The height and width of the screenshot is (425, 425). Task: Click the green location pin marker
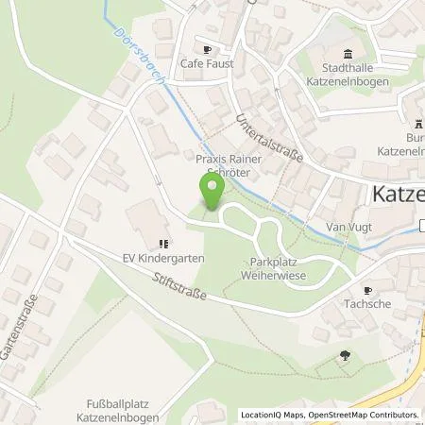click(x=212, y=191)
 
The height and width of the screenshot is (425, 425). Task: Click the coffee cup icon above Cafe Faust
click(x=208, y=49)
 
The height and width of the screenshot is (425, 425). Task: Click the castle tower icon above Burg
click(x=416, y=124)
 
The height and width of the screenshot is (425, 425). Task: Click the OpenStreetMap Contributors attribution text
click(x=360, y=415)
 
